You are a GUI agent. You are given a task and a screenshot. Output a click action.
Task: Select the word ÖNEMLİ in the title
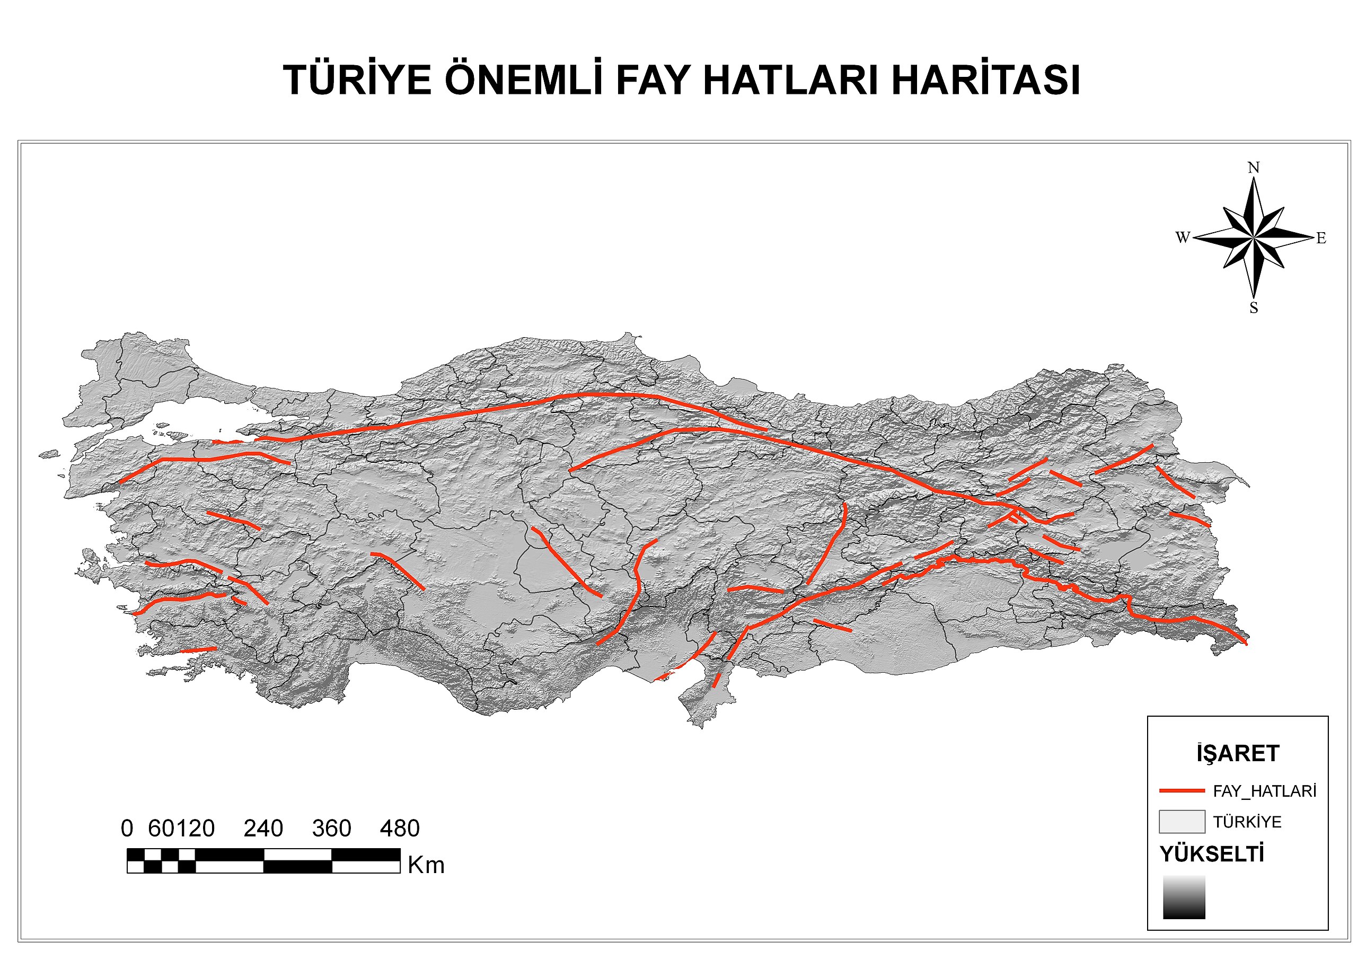click(x=523, y=81)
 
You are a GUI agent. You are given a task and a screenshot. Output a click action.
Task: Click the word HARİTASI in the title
click(x=986, y=81)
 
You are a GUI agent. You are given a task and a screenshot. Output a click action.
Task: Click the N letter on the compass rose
click(x=1254, y=168)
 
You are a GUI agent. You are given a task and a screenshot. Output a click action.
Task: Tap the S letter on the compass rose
click(x=1254, y=308)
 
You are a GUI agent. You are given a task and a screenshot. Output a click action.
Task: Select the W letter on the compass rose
click(x=1183, y=237)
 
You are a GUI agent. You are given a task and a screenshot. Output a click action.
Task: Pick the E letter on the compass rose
click(x=1321, y=238)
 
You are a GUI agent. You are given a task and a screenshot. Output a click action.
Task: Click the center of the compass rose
click(x=1253, y=237)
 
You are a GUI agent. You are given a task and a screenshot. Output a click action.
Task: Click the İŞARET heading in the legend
click(x=1238, y=753)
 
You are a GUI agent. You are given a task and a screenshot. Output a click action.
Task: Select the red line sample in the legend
click(x=1182, y=790)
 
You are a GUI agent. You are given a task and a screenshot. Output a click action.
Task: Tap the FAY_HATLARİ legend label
click(x=1265, y=791)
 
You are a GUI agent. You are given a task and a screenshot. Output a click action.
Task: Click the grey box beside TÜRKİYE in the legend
click(x=1182, y=822)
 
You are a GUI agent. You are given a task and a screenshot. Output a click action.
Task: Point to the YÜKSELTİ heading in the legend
click(x=1212, y=854)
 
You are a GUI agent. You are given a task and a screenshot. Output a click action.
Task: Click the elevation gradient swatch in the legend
click(x=1184, y=897)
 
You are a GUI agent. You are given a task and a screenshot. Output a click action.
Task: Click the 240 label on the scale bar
click(x=263, y=829)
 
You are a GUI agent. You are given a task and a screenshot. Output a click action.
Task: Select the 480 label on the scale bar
click(x=400, y=829)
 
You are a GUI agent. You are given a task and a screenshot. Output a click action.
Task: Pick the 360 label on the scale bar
click(x=332, y=829)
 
